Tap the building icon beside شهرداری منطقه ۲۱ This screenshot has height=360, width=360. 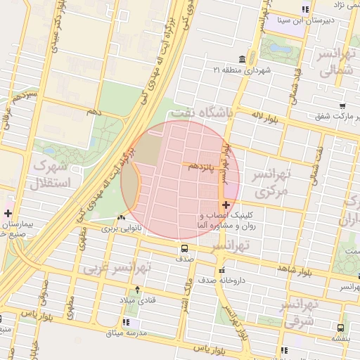pyautogui.click(x=243, y=58)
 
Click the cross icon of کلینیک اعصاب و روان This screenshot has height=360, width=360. pyautogui.click(x=224, y=205)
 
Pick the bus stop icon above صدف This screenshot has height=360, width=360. pyautogui.click(x=184, y=248)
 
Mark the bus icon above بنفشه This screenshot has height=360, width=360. pyautogui.click(x=341, y=327)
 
